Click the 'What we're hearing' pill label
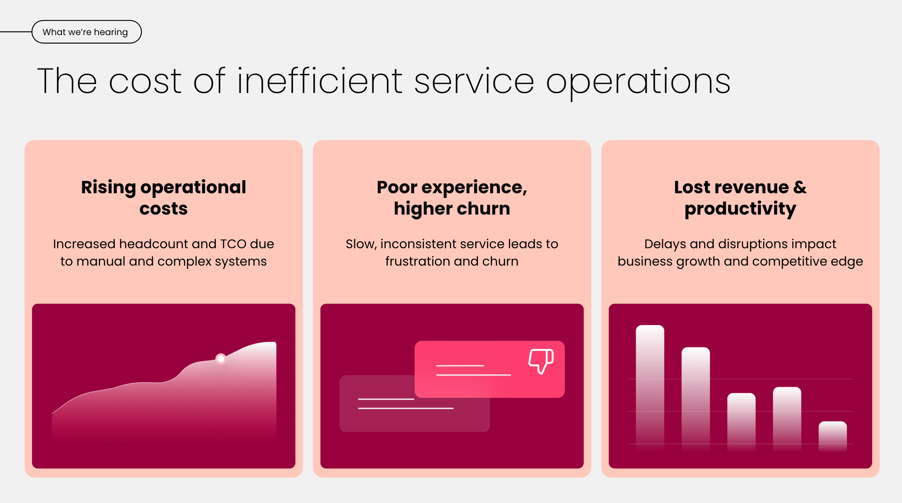tap(85, 32)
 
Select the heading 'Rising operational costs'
tap(163, 198)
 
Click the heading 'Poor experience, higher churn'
tap(452, 198)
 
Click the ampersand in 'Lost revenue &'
tap(800, 187)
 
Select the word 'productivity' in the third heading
tap(740, 209)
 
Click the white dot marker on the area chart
tap(221, 359)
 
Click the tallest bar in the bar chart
tap(650, 384)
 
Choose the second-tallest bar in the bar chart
tap(696, 394)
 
